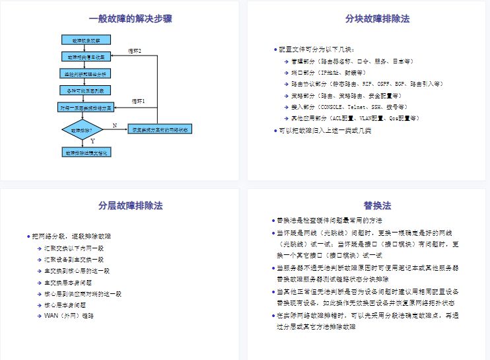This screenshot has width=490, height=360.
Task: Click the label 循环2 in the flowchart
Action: pos(135,51)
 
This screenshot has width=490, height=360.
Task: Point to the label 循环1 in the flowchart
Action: pos(138,101)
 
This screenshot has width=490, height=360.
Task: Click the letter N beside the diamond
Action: pos(114,125)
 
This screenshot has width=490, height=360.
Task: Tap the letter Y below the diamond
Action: pos(92,141)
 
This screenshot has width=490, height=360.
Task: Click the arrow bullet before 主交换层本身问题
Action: pos(39,282)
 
